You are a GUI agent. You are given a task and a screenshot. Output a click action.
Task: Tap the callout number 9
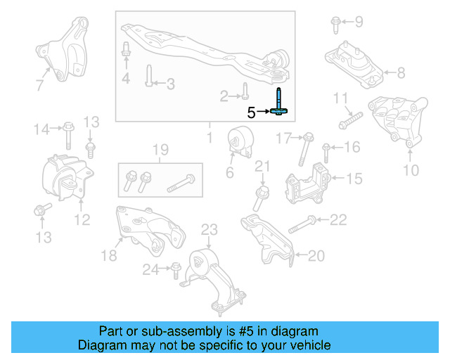359,22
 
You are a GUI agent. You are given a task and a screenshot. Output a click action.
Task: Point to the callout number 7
40,86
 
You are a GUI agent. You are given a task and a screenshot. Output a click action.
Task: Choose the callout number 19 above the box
160,148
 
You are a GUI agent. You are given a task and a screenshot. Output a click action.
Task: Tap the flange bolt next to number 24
174,269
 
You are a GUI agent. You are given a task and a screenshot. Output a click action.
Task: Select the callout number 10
411,169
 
